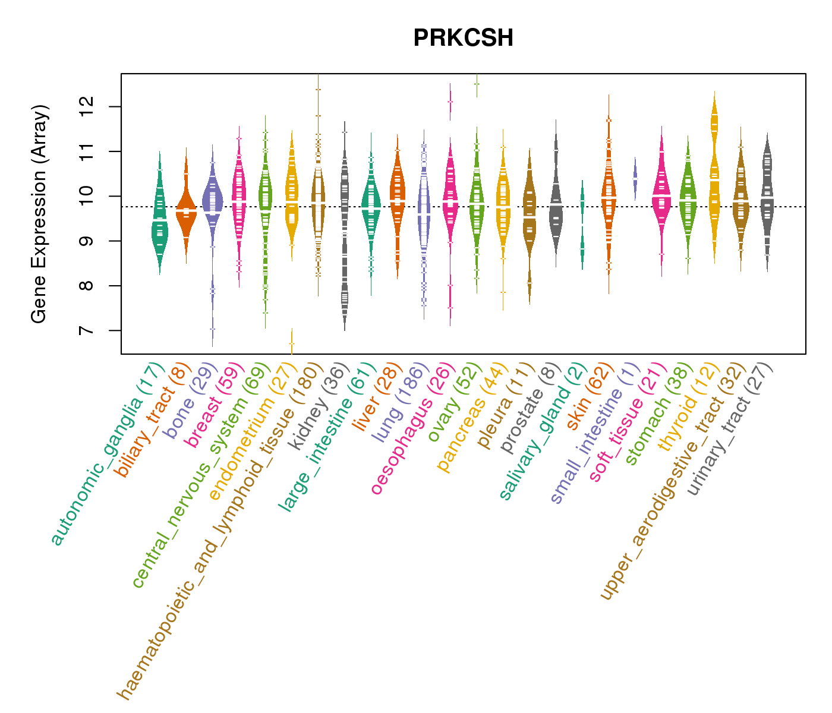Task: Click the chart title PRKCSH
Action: pos(463,39)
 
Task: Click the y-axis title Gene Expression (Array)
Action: pos(39,214)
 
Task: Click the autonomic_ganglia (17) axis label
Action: pos(108,453)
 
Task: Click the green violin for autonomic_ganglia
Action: pos(159,220)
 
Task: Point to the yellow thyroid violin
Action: pos(714,178)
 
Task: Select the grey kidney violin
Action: pos(344,238)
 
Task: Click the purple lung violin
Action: pos(424,220)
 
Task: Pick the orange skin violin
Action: pos(609,196)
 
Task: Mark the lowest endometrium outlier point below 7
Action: pos(291,343)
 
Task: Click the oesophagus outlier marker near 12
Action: pos(450,102)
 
